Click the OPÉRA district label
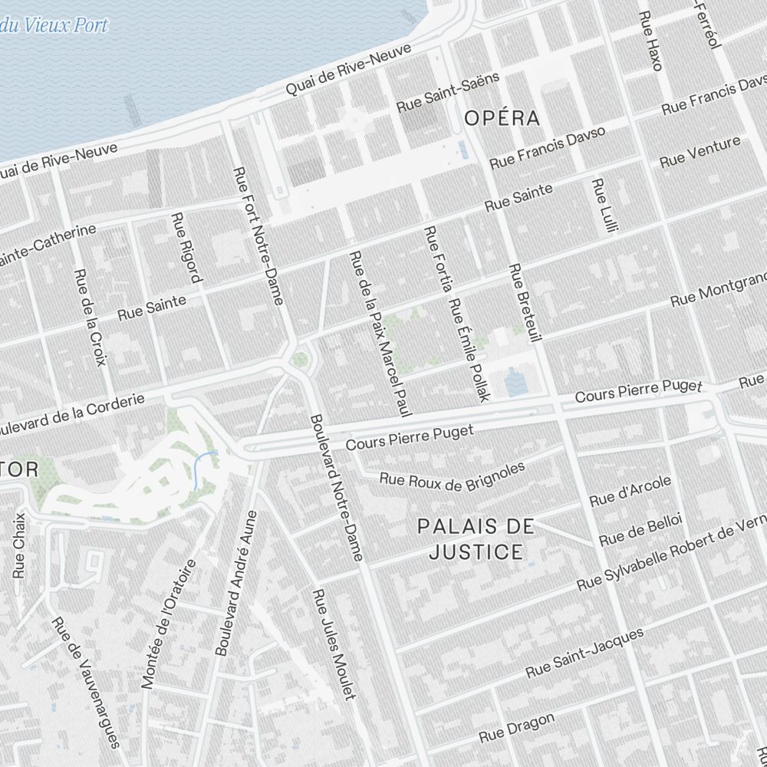502,118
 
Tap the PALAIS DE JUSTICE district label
476,538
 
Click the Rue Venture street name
700,151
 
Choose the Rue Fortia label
438,259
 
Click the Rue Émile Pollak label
469,349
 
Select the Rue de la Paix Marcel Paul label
376,334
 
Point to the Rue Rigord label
187,247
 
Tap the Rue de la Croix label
89,317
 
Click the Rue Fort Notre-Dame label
258,235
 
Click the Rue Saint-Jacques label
584,653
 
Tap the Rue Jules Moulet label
335,644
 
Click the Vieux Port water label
54,25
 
